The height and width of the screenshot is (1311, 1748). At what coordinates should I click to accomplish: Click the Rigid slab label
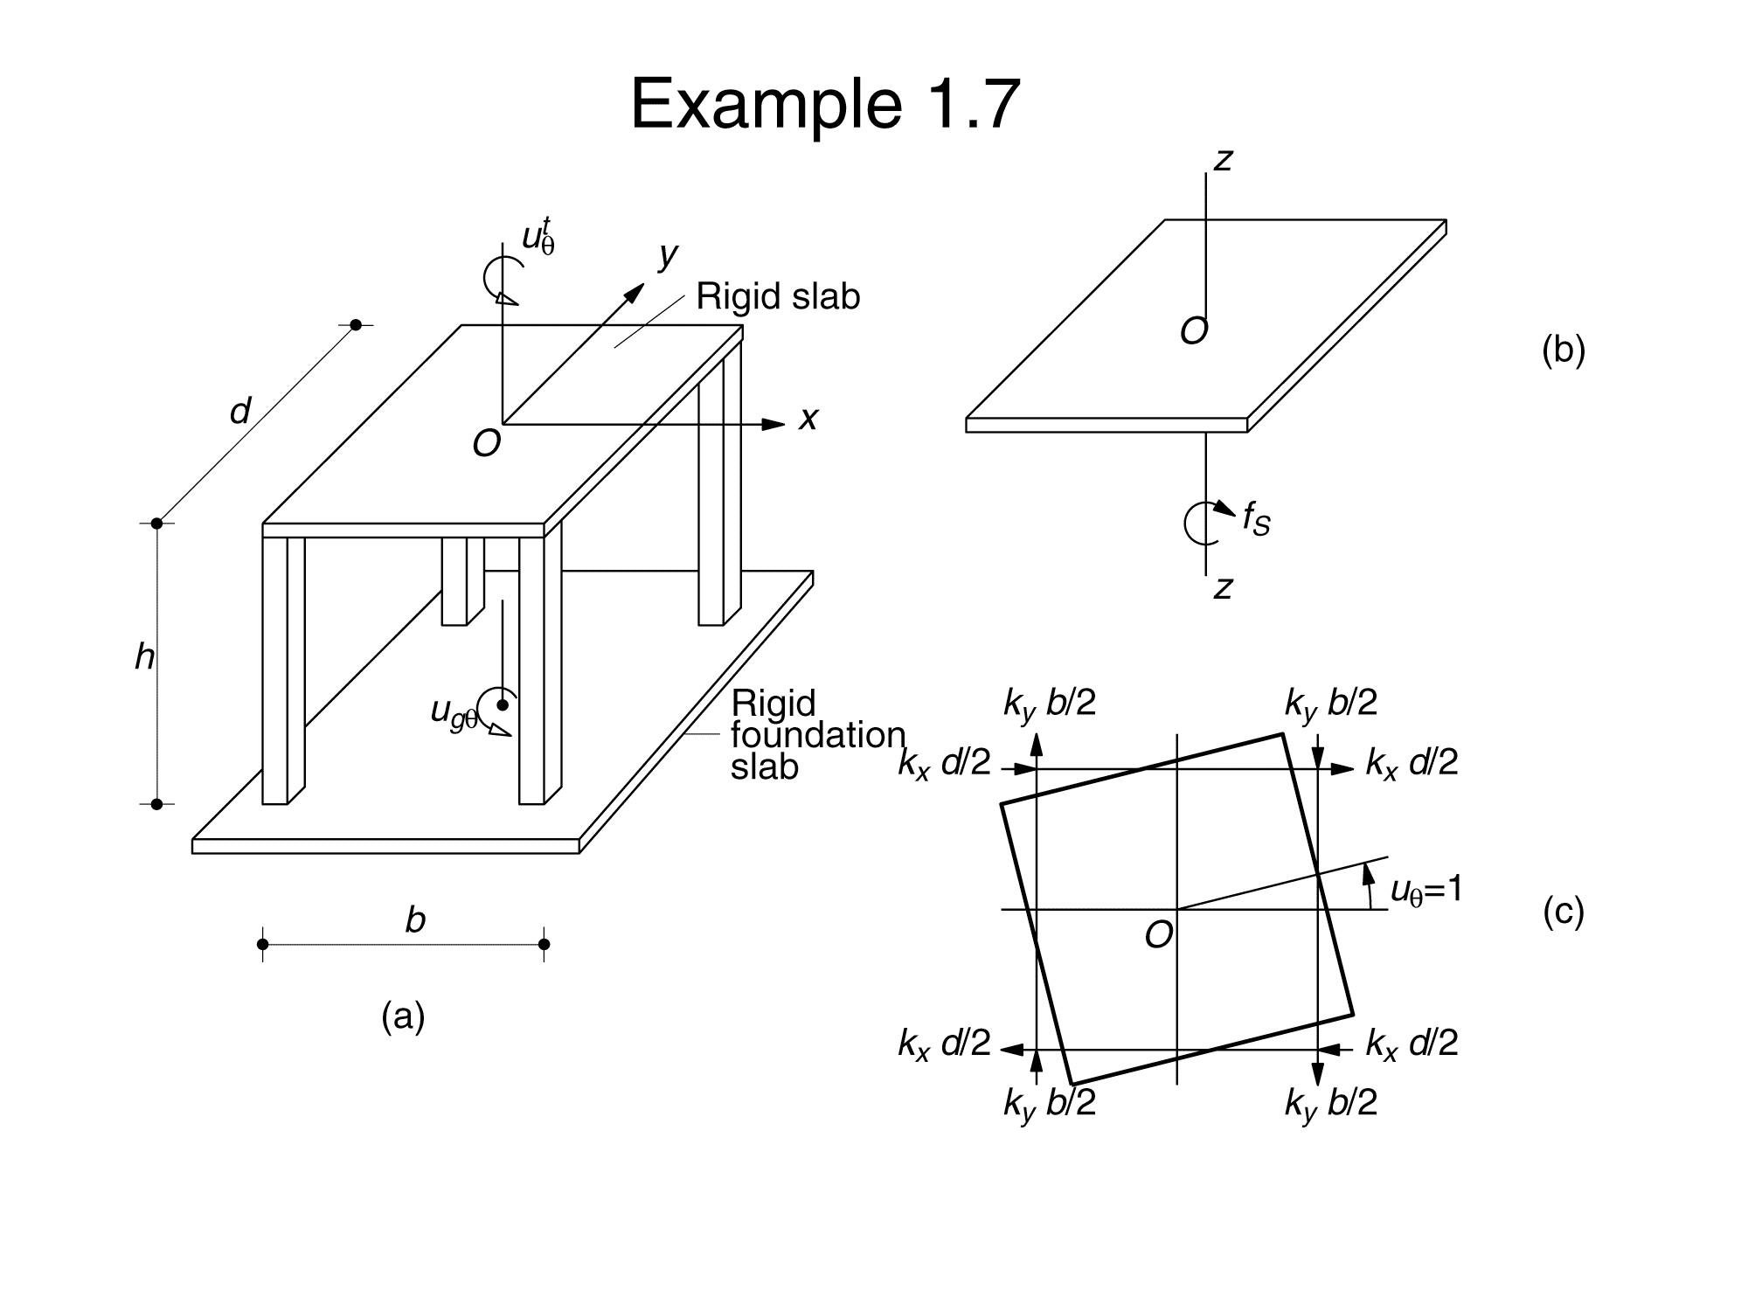778,297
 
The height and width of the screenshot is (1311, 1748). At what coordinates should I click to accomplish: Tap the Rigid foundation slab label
816,735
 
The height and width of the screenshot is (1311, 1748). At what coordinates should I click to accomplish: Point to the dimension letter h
144,656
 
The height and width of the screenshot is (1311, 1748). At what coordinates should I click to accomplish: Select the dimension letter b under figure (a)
415,919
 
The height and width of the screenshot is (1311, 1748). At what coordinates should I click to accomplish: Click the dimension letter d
240,411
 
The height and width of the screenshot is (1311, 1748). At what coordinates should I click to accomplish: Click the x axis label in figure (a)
808,420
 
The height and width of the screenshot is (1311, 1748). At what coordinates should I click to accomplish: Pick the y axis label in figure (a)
669,255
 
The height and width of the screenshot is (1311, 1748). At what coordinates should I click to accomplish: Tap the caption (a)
403,1016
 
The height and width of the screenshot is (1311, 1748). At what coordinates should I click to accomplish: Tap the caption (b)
1563,350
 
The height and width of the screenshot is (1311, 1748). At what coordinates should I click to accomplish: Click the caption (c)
1563,912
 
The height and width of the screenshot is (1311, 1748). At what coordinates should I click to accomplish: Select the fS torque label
1256,518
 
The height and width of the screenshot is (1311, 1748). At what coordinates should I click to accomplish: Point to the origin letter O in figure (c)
1158,936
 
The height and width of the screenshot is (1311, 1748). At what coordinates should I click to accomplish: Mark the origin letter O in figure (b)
1194,332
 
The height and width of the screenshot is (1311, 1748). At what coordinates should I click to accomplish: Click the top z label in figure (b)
1223,160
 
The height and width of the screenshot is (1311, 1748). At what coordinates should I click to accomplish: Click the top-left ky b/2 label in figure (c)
1049,704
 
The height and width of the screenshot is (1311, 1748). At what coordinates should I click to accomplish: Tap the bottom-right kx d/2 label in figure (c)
1412,1044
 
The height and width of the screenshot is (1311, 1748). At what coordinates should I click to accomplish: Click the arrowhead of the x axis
774,425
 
